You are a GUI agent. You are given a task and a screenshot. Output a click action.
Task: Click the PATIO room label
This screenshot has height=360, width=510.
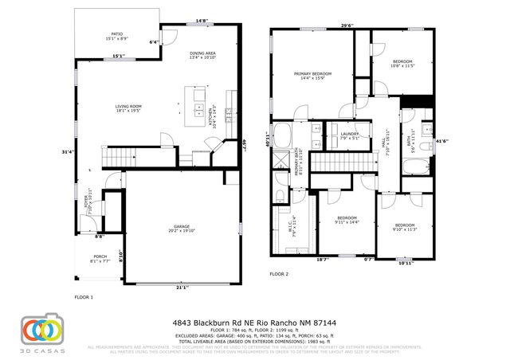tap(117, 36)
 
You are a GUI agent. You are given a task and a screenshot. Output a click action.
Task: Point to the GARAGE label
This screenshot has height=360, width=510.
tap(182, 228)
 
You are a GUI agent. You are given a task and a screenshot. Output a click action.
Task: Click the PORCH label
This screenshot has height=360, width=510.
tap(100, 258)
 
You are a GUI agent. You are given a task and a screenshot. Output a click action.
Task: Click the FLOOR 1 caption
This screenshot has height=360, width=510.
tap(84, 297)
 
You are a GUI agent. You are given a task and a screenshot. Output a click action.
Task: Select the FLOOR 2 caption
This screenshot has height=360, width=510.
tap(279, 273)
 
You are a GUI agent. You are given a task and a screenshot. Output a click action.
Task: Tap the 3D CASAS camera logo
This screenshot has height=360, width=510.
tap(41, 331)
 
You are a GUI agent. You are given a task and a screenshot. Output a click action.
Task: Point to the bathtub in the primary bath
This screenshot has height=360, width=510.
tap(283, 132)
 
